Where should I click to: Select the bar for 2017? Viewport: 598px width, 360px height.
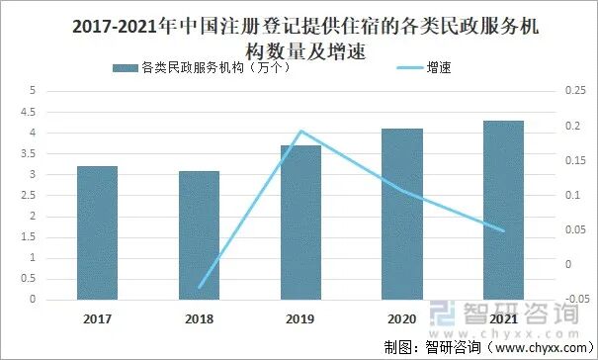97,232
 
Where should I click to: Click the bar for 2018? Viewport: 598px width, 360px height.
199,234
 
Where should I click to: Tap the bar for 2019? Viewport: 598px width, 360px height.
300,222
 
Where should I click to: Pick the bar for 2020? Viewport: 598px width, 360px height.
402,214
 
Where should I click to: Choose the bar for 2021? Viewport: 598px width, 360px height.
503,210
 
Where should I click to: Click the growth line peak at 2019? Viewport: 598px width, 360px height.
300,131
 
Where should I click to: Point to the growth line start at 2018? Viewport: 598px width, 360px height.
199,288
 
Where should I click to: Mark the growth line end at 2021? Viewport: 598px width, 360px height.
503,230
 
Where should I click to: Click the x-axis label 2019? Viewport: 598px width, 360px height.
300,318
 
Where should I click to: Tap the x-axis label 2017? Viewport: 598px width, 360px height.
97,318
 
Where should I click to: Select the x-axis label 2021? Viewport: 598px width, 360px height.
503,318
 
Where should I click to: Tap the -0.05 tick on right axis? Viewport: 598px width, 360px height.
572,300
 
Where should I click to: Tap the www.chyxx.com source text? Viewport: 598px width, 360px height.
543,347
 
